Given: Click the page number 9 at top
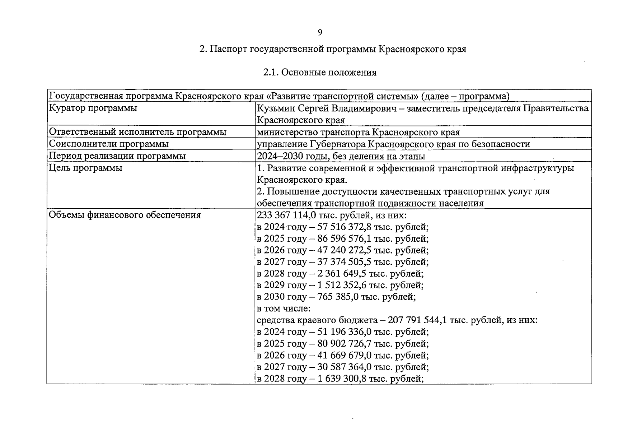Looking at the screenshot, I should [320, 33].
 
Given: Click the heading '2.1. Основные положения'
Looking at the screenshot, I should [320, 73].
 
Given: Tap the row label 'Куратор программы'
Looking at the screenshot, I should [93, 108].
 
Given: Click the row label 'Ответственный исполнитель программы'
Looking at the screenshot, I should [137, 132].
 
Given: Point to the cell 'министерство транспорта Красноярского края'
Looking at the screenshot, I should [358, 132].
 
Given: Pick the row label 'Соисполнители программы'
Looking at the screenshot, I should [109, 144].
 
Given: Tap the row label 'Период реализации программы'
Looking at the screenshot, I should [117, 156].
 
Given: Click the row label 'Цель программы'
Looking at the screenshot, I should [85, 168].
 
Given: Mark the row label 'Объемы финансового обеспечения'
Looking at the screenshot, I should [125, 215].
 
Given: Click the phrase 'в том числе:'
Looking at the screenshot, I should [284, 309].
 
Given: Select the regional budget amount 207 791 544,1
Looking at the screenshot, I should [406, 320].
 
